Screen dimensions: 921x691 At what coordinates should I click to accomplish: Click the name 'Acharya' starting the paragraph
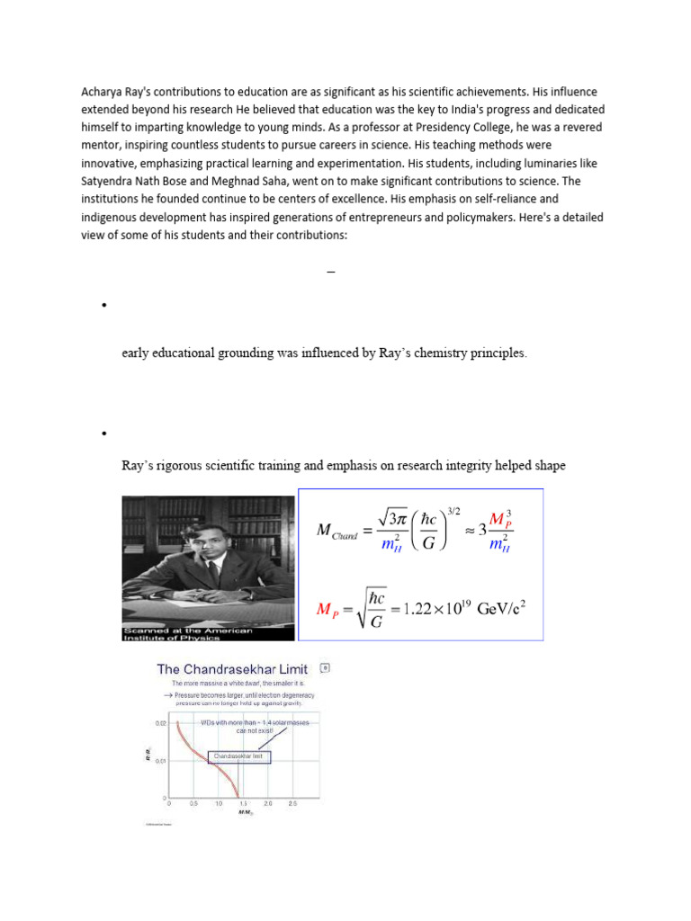(x=102, y=93)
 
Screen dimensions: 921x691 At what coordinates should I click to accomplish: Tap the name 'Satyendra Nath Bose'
(x=137, y=180)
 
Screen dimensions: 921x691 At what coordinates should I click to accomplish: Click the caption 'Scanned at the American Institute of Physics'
(x=187, y=632)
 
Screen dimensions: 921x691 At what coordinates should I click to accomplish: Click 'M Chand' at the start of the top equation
(x=337, y=532)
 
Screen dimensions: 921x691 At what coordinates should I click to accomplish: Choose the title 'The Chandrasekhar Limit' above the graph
(x=232, y=669)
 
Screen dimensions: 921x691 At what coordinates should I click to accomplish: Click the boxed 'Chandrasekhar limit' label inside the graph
(x=240, y=757)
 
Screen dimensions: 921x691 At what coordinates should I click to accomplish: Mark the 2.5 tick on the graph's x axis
(x=292, y=803)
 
